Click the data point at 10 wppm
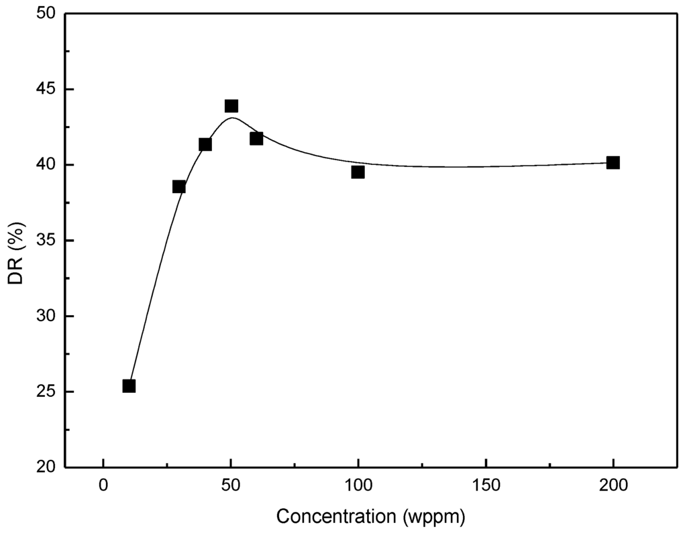coord(129,385)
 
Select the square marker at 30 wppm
coord(179,186)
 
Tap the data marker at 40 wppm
coord(205,144)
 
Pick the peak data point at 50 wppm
coord(231,106)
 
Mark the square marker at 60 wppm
coord(256,138)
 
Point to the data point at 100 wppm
coord(358,172)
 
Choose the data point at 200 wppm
coord(613,162)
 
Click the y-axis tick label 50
coord(47,14)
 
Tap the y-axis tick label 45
coord(47,90)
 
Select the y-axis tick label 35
coord(47,241)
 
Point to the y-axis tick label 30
coord(47,316)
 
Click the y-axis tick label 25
coord(47,392)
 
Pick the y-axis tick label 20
coord(47,467)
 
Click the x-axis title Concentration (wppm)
coord(370,517)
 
